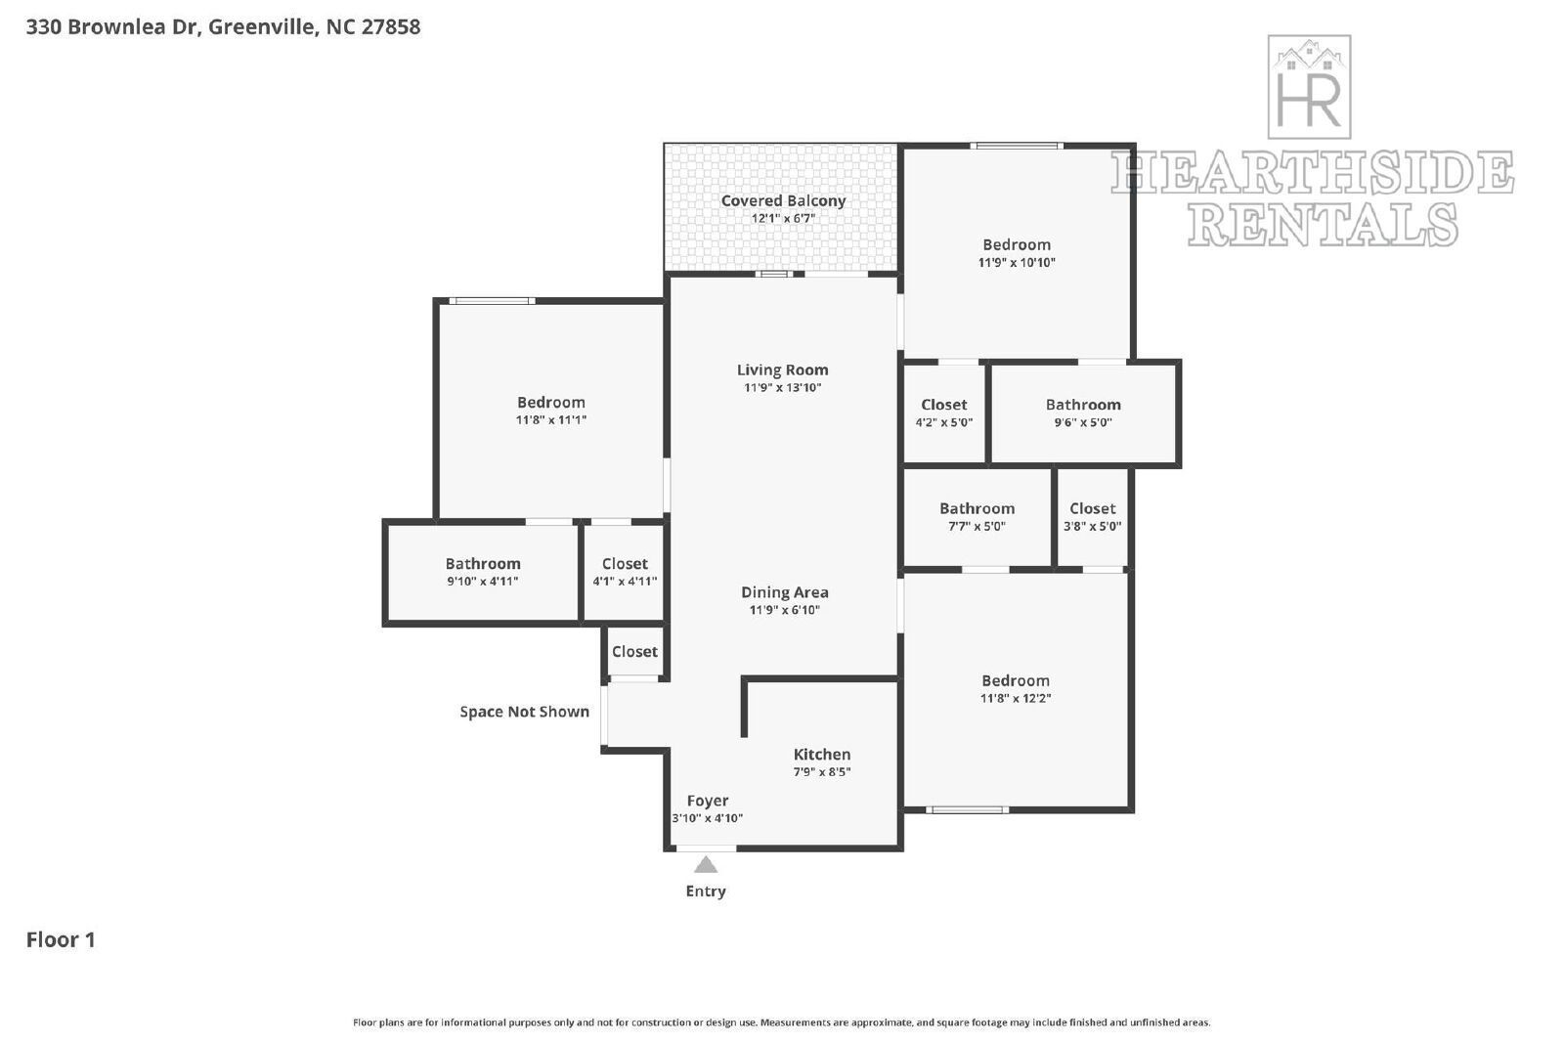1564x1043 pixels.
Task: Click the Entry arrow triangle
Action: click(x=706, y=865)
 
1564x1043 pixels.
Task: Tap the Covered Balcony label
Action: click(x=783, y=201)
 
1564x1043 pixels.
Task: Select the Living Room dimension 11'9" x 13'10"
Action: click(x=782, y=388)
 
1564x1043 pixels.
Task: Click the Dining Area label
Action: click(x=784, y=592)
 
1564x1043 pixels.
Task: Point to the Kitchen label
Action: click(x=821, y=755)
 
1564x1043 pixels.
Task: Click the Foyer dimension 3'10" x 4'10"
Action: click(x=707, y=818)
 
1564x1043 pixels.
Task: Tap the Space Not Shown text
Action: click(x=524, y=712)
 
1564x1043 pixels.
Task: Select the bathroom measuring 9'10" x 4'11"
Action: click(x=483, y=572)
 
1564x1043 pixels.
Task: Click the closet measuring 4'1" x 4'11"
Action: click(x=625, y=572)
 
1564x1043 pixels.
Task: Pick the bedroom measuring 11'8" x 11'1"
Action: click(x=550, y=411)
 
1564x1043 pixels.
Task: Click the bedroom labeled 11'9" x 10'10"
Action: click(x=1017, y=253)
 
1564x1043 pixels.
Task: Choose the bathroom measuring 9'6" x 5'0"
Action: click(x=1083, y=413)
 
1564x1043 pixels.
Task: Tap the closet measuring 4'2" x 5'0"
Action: click(x=943, y=413)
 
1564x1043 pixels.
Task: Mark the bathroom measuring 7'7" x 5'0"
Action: click(x=977, y=516)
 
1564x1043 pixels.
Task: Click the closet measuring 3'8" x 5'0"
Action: click(x=1092, y=516)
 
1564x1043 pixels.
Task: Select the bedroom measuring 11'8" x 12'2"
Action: click(x=1016, y=689)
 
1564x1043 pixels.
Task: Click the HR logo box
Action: click(x=1309, y=87)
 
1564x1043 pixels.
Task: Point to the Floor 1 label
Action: click(x=61, y=940)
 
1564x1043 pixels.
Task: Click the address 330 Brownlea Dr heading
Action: click(x=223, y=26)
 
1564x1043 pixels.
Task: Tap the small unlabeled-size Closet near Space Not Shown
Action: click(x=634, y=652)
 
